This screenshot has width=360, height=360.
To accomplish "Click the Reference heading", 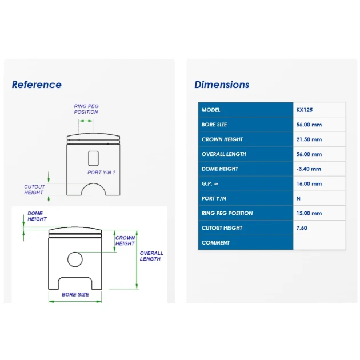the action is click(37, 85).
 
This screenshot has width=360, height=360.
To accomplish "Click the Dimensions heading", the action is click(222, 85).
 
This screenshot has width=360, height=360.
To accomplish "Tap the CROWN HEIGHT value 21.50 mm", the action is click(309, 139).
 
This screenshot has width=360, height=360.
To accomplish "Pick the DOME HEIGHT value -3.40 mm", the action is click(309, 169).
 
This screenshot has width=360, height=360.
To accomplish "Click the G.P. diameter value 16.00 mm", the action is click(309, 183).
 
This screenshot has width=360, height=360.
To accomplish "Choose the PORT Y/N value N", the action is click(298, 198).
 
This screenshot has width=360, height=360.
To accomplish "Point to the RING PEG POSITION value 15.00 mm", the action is click(309, 213).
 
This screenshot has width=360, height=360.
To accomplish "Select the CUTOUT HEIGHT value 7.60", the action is click(302, 228).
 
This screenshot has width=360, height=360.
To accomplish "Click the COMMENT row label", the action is click(215, 243).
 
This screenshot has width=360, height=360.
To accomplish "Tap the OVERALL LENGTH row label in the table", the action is click(224, 154).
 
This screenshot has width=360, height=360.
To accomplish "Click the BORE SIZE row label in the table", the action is click(214, 125).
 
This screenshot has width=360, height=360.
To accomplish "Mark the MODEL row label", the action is click(211, 110).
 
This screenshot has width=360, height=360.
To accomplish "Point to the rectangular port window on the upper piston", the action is click(89, 158).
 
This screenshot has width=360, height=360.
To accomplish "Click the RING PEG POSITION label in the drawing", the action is click(86, 109).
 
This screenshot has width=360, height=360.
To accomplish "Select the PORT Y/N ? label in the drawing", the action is click(101, 173).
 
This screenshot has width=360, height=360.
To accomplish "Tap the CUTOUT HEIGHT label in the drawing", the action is click(34, 190).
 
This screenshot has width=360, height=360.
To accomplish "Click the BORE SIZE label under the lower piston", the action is click(75, 294).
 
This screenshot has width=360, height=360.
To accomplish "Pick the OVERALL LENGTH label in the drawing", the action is click(151, 256).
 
